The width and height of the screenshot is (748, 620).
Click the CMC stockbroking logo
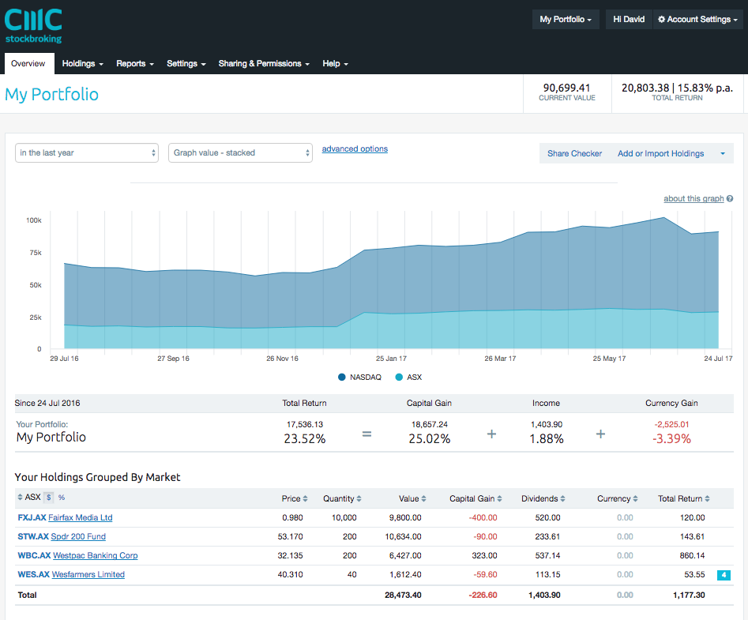(x=33, y=25)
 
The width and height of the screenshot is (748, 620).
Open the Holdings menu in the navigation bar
(x=82, y=63)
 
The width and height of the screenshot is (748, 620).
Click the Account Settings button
(x=698, y=19)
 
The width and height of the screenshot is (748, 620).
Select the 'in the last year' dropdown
(x=88, y=152)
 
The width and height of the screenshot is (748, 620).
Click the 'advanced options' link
(x=355, y=148)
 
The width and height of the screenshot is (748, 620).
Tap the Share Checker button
(x=574, y=153)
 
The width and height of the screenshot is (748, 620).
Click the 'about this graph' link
(x=693, y=198)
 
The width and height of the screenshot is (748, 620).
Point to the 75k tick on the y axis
(x=34, y=253)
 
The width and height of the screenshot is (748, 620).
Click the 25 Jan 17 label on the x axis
(x=391, y=358)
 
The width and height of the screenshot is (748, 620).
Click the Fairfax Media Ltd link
(x=80, y=517)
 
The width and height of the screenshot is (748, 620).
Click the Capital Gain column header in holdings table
(x=472, y=498)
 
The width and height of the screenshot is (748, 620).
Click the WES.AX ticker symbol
(x=33, y=574)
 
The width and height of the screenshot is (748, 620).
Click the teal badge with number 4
(x=724, y=575)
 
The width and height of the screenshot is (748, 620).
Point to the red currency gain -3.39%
(x=671, y=438)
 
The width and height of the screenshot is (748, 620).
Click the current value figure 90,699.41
(x=566, y=88)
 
